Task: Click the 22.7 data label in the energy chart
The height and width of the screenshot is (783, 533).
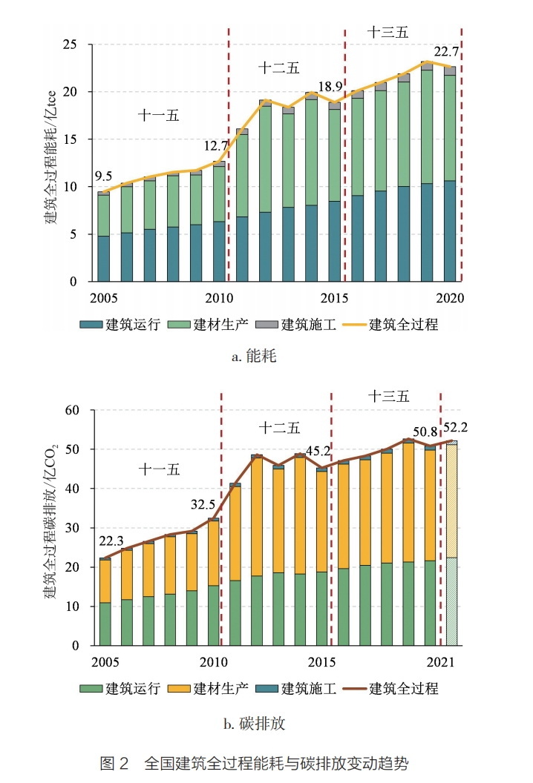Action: [x=447, y=52]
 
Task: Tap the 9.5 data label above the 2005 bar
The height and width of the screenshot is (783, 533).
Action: [x=103, y=176]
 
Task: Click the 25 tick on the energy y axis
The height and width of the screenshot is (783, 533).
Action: [x=71, y=44]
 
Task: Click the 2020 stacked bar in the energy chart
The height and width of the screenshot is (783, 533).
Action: [x=450, y=174]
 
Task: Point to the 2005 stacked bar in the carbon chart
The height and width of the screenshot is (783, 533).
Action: [x=105, y=602]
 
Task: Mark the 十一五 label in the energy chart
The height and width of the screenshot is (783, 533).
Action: [x=159, y=115]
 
